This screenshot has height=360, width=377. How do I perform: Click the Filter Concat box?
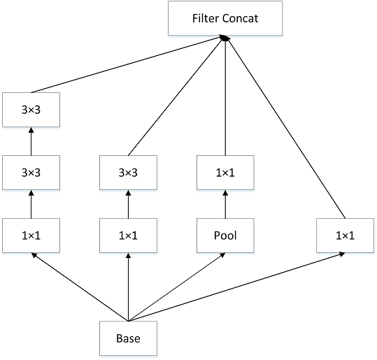tap(225, 18)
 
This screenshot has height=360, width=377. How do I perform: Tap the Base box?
tap(128, 338)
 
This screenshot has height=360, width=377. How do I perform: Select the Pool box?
tap(225, 236)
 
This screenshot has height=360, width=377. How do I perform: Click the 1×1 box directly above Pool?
tap(225, 172)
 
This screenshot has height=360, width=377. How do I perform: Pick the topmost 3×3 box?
tap(31, 109)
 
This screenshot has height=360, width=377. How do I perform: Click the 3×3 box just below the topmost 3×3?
tap(31, 172)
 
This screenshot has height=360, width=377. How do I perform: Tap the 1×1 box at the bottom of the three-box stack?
tap(31, 236)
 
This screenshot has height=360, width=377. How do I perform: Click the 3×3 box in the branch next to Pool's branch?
tap(128, 172)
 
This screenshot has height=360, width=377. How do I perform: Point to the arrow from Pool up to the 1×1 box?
tap(225, 204)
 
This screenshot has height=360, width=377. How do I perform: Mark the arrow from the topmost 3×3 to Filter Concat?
tap(126, 66)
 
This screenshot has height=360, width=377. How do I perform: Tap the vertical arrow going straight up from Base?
tap(128, 287)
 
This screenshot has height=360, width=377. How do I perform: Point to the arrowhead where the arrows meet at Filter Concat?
tap(225, 40)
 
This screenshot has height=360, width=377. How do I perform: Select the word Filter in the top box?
tap(206, 18)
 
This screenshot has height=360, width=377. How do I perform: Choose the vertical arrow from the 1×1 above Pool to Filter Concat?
tap(225, 98)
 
